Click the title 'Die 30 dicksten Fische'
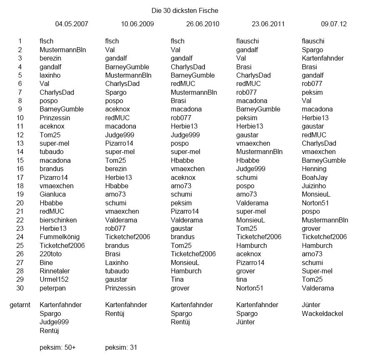[184, 10]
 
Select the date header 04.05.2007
[72, 24]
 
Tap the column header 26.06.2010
[203, 24]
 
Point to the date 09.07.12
[334, 24]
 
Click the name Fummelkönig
[59, 237]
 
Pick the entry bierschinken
[58, 220]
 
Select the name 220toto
[52, 254]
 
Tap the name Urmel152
[54, 280]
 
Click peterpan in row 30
[53, 288]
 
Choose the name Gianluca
[53, 194]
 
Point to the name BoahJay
[314, 177]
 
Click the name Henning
[314, 169]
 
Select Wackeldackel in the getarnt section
[322, 313]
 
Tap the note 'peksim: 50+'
[57, 347]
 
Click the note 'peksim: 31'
[121, 347]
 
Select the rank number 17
[20, 177]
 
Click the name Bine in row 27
[46, 263]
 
